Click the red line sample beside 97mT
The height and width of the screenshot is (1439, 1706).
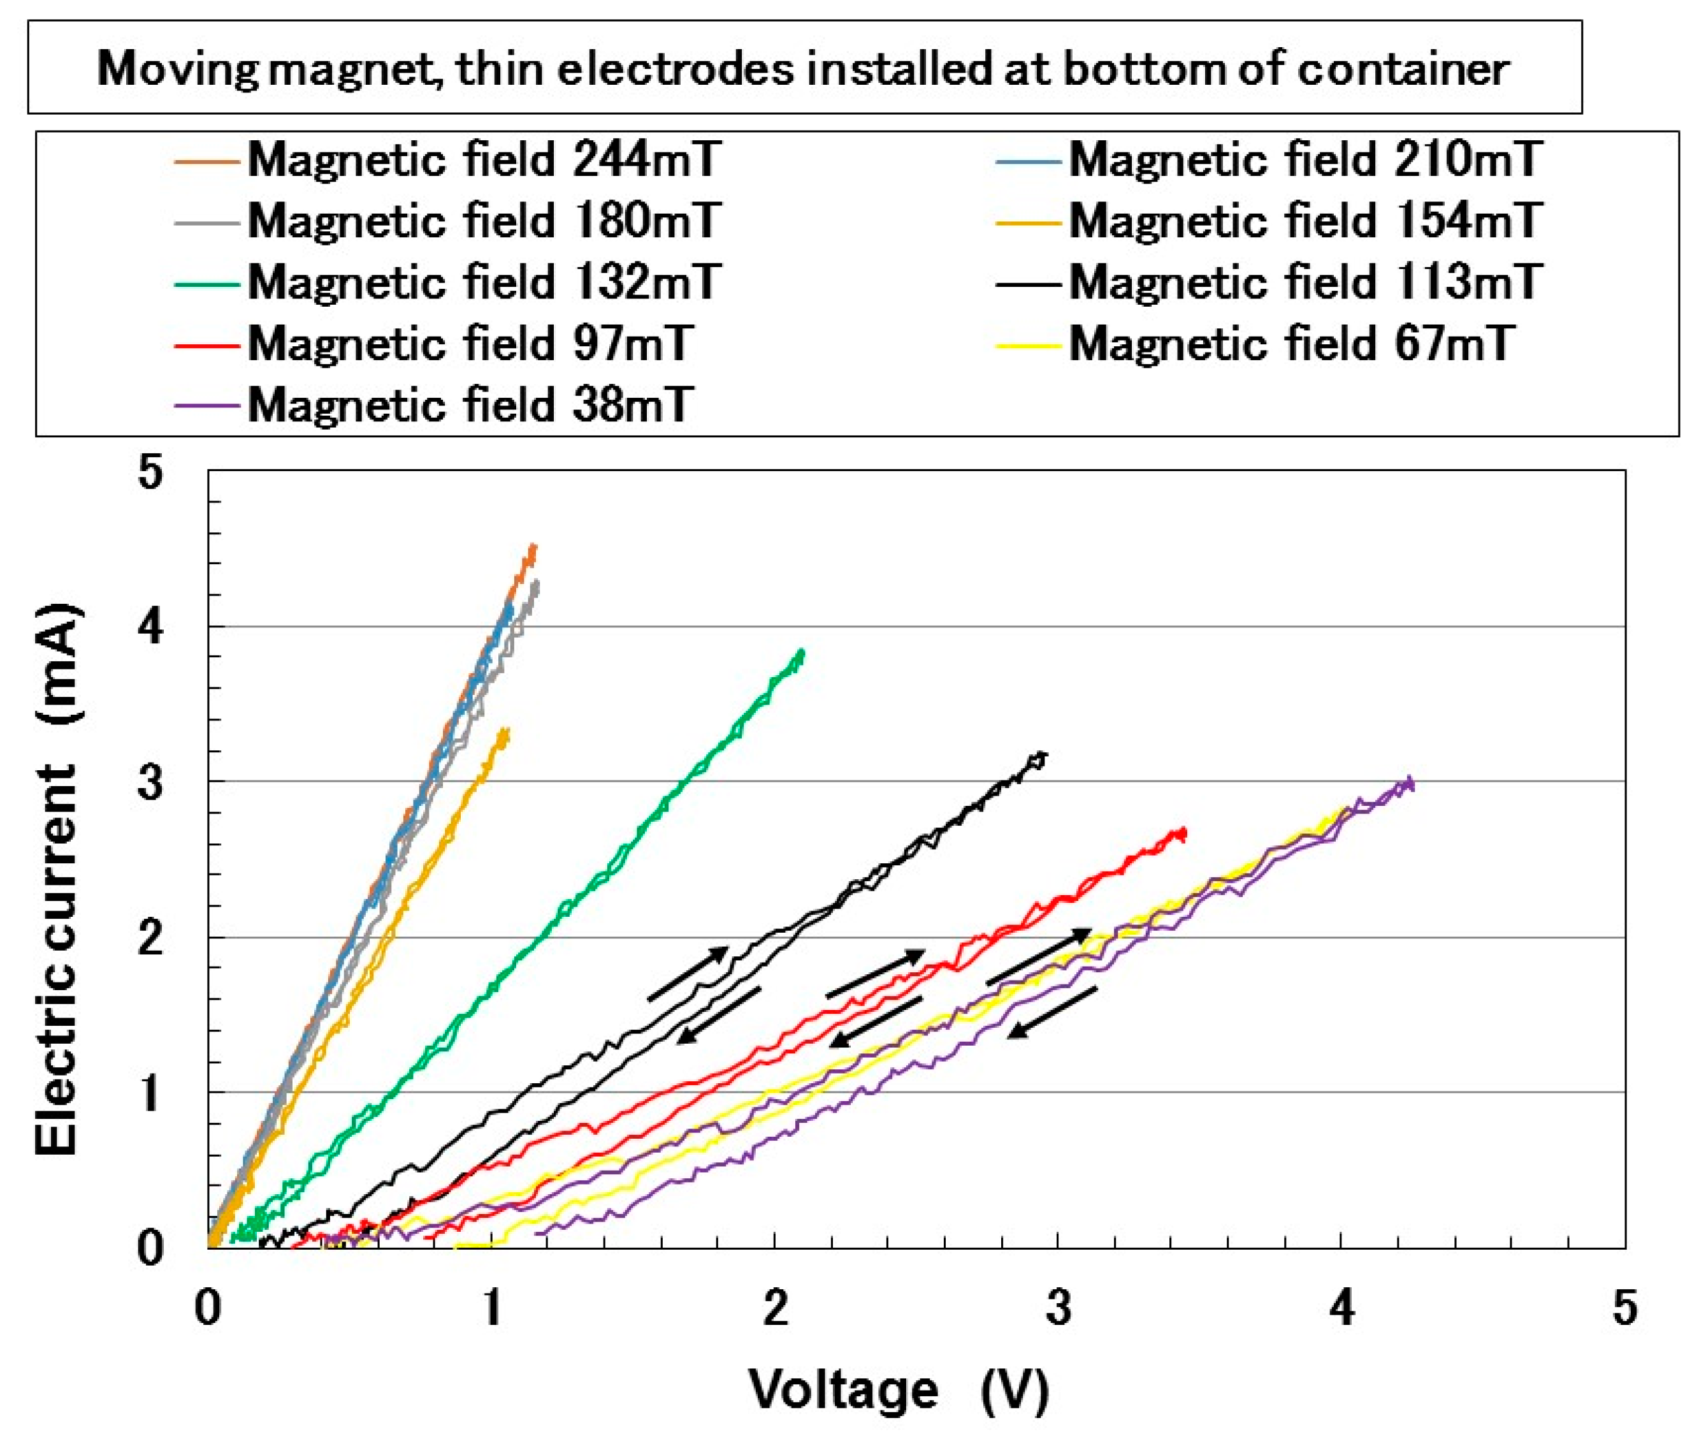coord(206,344)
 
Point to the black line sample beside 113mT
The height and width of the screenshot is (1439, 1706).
coord(1027,283)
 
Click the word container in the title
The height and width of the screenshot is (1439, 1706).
coord(1403,68)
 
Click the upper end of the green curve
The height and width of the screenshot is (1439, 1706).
coord(802,651)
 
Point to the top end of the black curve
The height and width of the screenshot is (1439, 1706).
coord(1045,755)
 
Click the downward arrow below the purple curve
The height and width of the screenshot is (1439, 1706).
coord(1052,1012)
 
